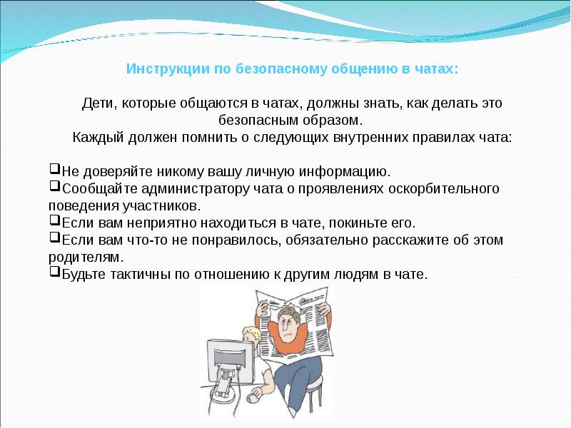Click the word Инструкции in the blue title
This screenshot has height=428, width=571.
click(x=161, y=70)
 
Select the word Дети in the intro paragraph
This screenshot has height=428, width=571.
click(x=96, y=104)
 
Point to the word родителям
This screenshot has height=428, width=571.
click(x=86, y=257)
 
